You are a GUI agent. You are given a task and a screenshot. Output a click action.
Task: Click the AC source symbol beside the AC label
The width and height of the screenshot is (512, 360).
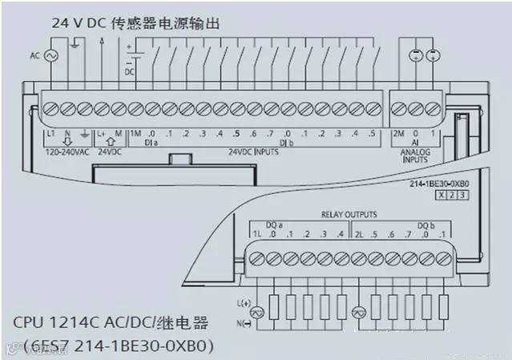tap(55, 55)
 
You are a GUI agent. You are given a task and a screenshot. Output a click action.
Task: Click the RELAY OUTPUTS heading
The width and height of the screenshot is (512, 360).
tap(349, 215)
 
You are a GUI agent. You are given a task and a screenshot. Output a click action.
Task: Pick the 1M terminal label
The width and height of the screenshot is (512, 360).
tap(135, 133)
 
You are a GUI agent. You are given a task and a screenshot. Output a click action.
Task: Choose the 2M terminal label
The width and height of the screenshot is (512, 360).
tap(398, 133)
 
